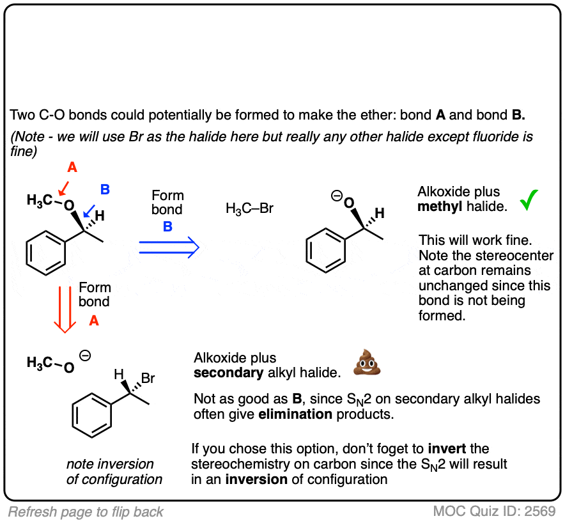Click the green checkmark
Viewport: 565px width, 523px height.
(x=529, y=200)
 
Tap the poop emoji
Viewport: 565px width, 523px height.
(x=367, y=363)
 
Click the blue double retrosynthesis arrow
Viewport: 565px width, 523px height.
(x=169, y=247)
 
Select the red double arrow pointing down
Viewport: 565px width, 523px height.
(x=65, y=309)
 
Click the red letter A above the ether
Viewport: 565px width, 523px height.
(x=72, y=168)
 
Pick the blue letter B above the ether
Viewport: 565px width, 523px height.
(x=105, y=189)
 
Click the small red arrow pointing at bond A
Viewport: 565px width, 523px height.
(x=63, y=188)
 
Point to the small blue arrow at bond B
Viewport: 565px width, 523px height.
(x=89, y=212)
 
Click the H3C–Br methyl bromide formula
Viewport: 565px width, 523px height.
(x=249, y=208)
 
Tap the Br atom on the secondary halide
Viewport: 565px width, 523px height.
(x=148, y=378)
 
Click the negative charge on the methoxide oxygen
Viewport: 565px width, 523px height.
(x=85, y=355)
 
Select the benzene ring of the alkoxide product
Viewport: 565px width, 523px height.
(x=326, y=250)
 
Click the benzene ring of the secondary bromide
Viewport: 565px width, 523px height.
(x=91, y=415)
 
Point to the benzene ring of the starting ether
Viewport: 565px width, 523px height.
(x=46, y=253)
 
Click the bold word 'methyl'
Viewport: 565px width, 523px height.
(x=440, y=207)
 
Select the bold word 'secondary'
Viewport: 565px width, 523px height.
(x=228, y=373)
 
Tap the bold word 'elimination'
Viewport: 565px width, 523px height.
(x=295, y=414)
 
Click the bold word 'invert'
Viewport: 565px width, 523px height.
(x=447, y=449)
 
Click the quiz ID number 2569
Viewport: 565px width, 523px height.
(x=540, y=511)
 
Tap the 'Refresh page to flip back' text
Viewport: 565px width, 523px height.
(x=86, y=512)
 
